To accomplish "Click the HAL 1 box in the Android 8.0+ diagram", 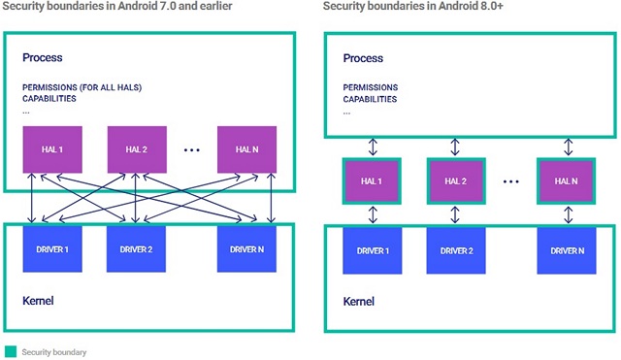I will tap(371, 181).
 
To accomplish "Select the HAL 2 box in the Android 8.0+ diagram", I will tap(454, 181).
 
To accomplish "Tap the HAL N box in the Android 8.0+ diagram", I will tap(566, 181).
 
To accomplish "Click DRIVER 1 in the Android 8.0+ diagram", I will tap(371, 251).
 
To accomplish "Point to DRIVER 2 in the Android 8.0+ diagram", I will tap(454, 251).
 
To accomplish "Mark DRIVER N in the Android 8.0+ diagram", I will tap(566, 251).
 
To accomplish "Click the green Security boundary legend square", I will tap(11, 351).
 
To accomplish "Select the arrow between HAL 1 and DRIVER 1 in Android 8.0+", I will tap(371, 215).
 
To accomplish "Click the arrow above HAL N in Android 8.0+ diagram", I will tap(566, 147).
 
